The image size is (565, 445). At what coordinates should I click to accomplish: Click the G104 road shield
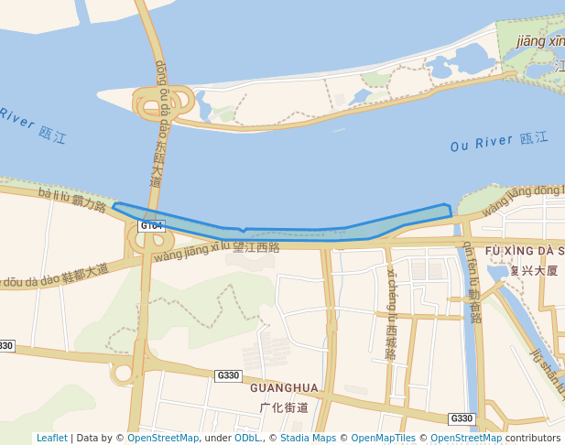click(x=151, y=225)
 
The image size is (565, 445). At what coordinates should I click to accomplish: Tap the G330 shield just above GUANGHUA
click(x=228, y=375)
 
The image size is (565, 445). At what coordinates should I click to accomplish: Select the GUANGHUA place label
click(x=284, y=388)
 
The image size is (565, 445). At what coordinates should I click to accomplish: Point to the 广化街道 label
click(x=284, y=407)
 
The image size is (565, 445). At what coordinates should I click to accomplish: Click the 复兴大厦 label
click(x=534, y=270)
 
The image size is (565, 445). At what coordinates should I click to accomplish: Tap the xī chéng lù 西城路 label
click(x=392, y=311)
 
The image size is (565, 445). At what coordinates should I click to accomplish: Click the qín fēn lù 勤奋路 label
click(x=473, y=278)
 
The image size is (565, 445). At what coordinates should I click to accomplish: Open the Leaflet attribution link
click(x=51, y=438)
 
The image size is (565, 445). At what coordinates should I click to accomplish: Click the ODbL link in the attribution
click(x=247, y=438)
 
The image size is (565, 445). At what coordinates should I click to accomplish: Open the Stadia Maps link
click(x=307, y=438)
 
